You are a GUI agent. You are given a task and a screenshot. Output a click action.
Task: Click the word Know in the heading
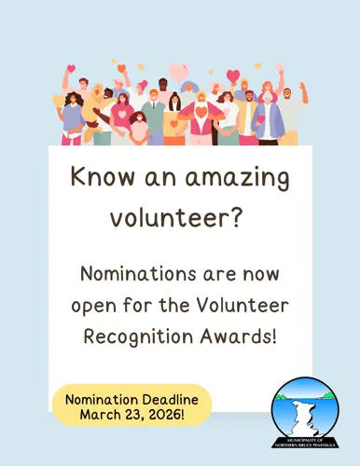[x=97, y=177]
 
